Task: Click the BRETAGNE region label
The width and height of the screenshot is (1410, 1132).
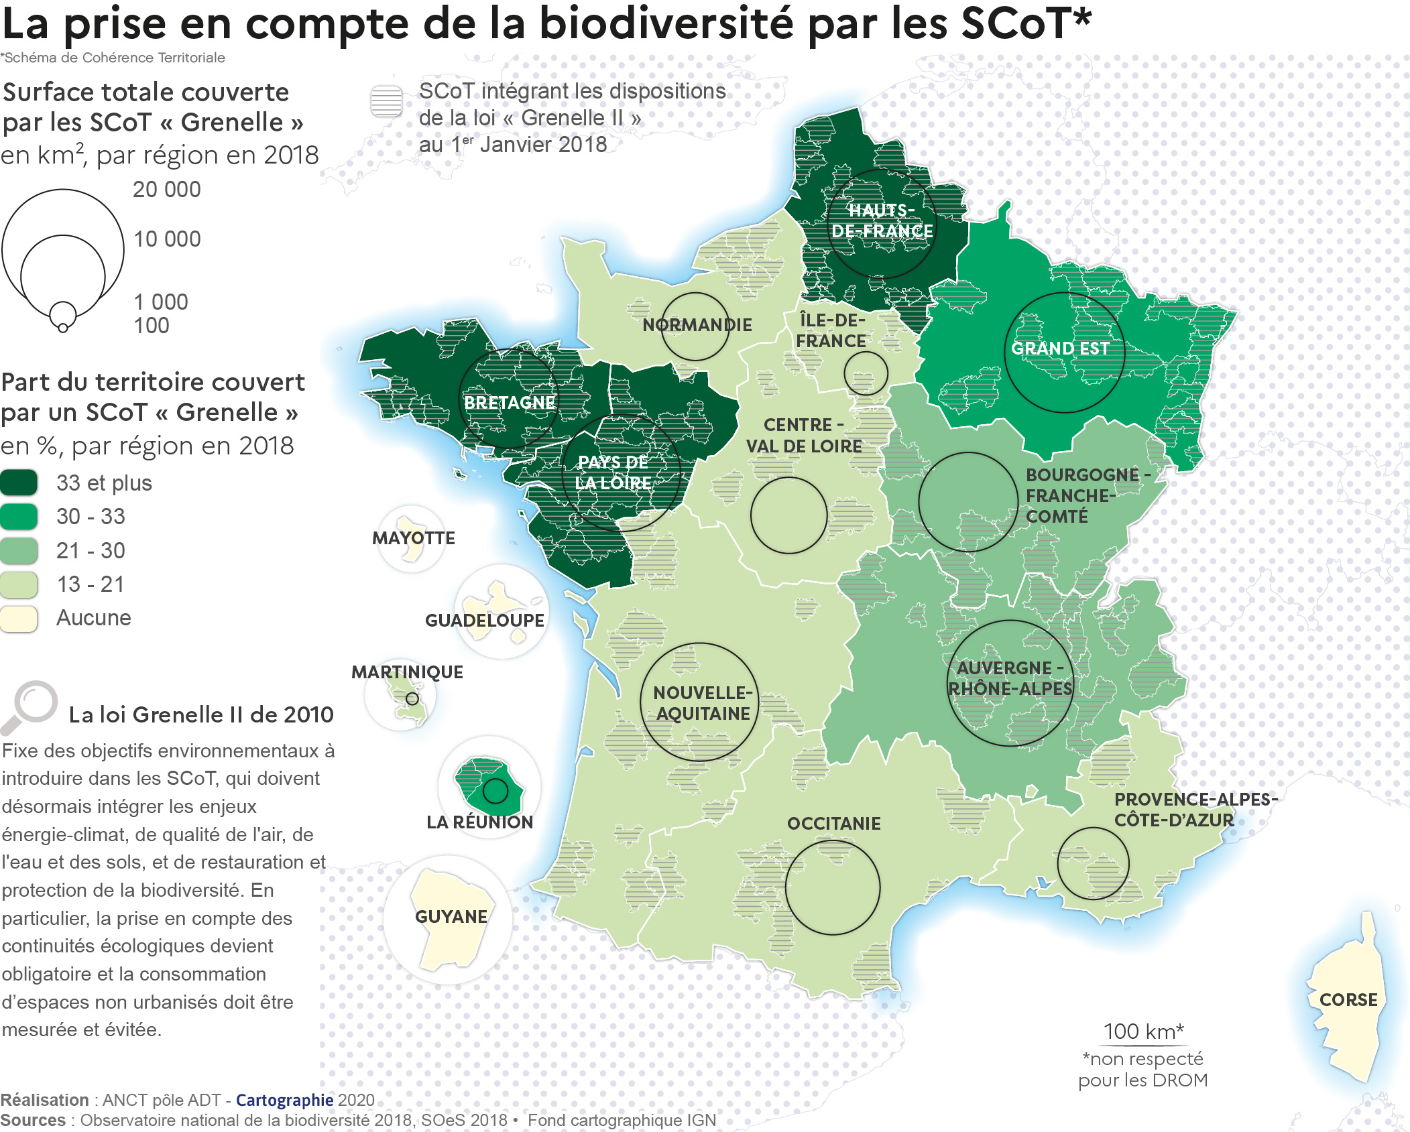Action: (x=510, y=402)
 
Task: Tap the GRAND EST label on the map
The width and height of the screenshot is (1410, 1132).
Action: (x=1059, y=349)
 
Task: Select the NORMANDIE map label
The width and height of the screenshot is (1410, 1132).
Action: (x=697, y=325)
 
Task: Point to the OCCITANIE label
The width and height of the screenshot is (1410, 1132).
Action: (x=833, y=823)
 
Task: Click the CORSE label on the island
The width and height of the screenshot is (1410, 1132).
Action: (x=1348, y=1000)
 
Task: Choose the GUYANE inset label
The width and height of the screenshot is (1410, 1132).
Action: (x=451, y=917)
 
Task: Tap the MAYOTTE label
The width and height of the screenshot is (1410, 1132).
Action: (x=413, y=538)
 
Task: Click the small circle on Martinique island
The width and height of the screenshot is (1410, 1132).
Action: (x=412, y=698)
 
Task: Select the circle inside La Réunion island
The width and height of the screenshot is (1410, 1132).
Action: (x=495, y=792)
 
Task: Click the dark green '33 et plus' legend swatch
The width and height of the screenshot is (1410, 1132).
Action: (x=19, y=483)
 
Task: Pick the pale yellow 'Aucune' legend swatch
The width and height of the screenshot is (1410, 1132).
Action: (x=19, y=618)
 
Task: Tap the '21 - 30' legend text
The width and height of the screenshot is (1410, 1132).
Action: (x=91, y=550)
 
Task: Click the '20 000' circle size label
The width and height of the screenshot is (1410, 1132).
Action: (x=166, y=190)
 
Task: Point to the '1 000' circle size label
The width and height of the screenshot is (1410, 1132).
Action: (x=161, y=302)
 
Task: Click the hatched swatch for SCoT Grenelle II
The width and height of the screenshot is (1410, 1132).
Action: (x=386, y=102)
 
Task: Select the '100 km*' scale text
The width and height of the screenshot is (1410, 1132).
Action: (x=1143, y=1031)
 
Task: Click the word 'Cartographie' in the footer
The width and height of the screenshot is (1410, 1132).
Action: (x=284, y=1100)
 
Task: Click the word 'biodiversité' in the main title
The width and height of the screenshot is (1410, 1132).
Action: (x=667, y=23)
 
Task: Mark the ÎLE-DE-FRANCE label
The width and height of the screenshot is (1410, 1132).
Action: (x=831, y=330)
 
